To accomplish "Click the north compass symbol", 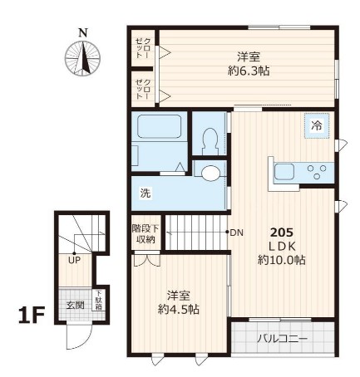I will pyautogui.click(x=82, y=56).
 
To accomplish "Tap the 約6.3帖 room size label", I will pyautogui.click(x=248, y=71).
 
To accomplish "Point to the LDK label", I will pyautogui.click(x=281, y=246).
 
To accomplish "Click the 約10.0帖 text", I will pyautogui.click(x=281, y=260).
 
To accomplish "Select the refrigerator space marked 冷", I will pyautogui.click(x=316, y=125).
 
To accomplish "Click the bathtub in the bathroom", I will pyautogui.click(x=160, y=128).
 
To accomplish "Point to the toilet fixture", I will pyautogui.click(x=209, y=139).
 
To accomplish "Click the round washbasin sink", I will pyautogui.click(x=212, y=174).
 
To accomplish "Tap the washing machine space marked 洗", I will pyautogui.click(x=145, y=193).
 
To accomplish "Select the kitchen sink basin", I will pyautogui.click(x=284, y=173).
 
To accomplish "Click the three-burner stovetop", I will pyautogui.click(x=316, y=173).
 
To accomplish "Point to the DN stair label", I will pyautogui.click(x=235, y=232).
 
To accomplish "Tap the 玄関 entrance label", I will pyautogui.click(x=75, y=305).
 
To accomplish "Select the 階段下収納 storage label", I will pyautogui.click(x=145, y=234).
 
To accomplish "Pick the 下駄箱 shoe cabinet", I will pyautogui.click(x=97, y=298).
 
